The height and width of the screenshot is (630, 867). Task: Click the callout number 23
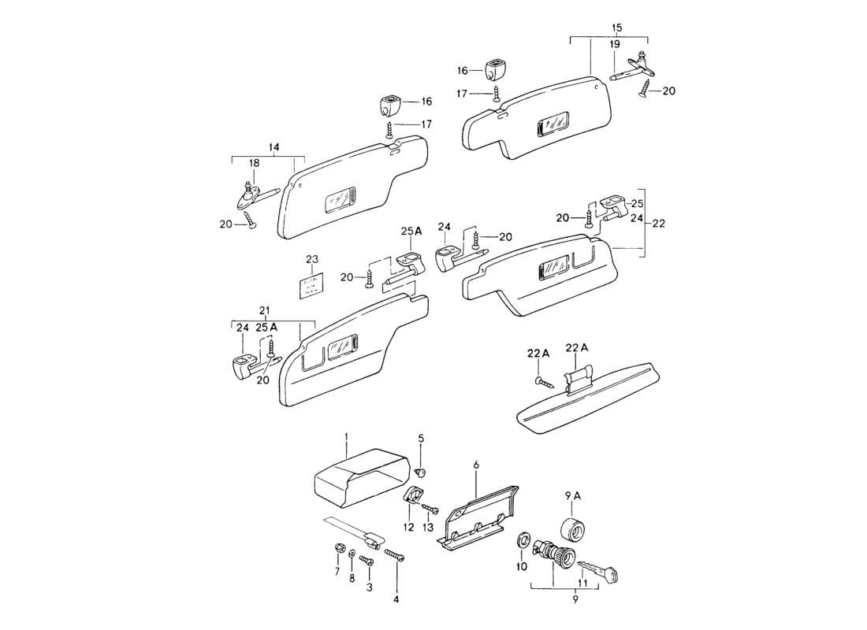click(x=311, y=259)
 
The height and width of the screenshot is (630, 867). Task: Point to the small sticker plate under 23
click(x=311, y=287)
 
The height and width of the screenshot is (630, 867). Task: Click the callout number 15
click(x=616, y=28)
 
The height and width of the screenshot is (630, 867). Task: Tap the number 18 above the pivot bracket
click(x=254, y=163)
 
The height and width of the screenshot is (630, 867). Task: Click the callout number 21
click(x=265, y=309)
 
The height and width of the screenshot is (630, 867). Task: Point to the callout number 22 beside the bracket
click(x=659, y=224)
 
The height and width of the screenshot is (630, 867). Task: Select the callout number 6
click(x=475, y=465)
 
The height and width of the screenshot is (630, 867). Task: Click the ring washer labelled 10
click(x=522, y=542)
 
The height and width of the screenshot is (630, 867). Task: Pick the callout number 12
click(x=408, y=527)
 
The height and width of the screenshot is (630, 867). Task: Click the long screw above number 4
click(x=395, y=556)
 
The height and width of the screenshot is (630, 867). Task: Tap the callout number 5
click(x=421, y=438)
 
